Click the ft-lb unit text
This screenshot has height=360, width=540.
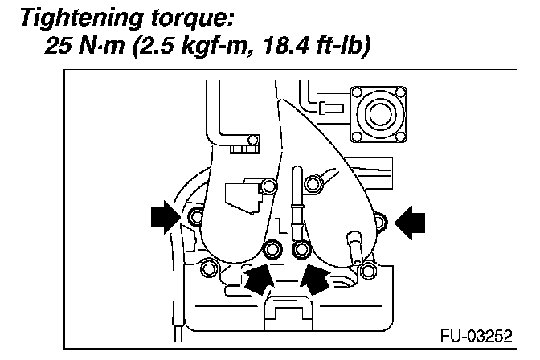(x=341, y=47)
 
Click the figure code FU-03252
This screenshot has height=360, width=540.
(x=476, y=333)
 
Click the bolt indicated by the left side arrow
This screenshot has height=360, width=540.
(x=194, y=218)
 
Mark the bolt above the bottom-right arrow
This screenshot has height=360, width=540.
(x=302, y=248)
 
